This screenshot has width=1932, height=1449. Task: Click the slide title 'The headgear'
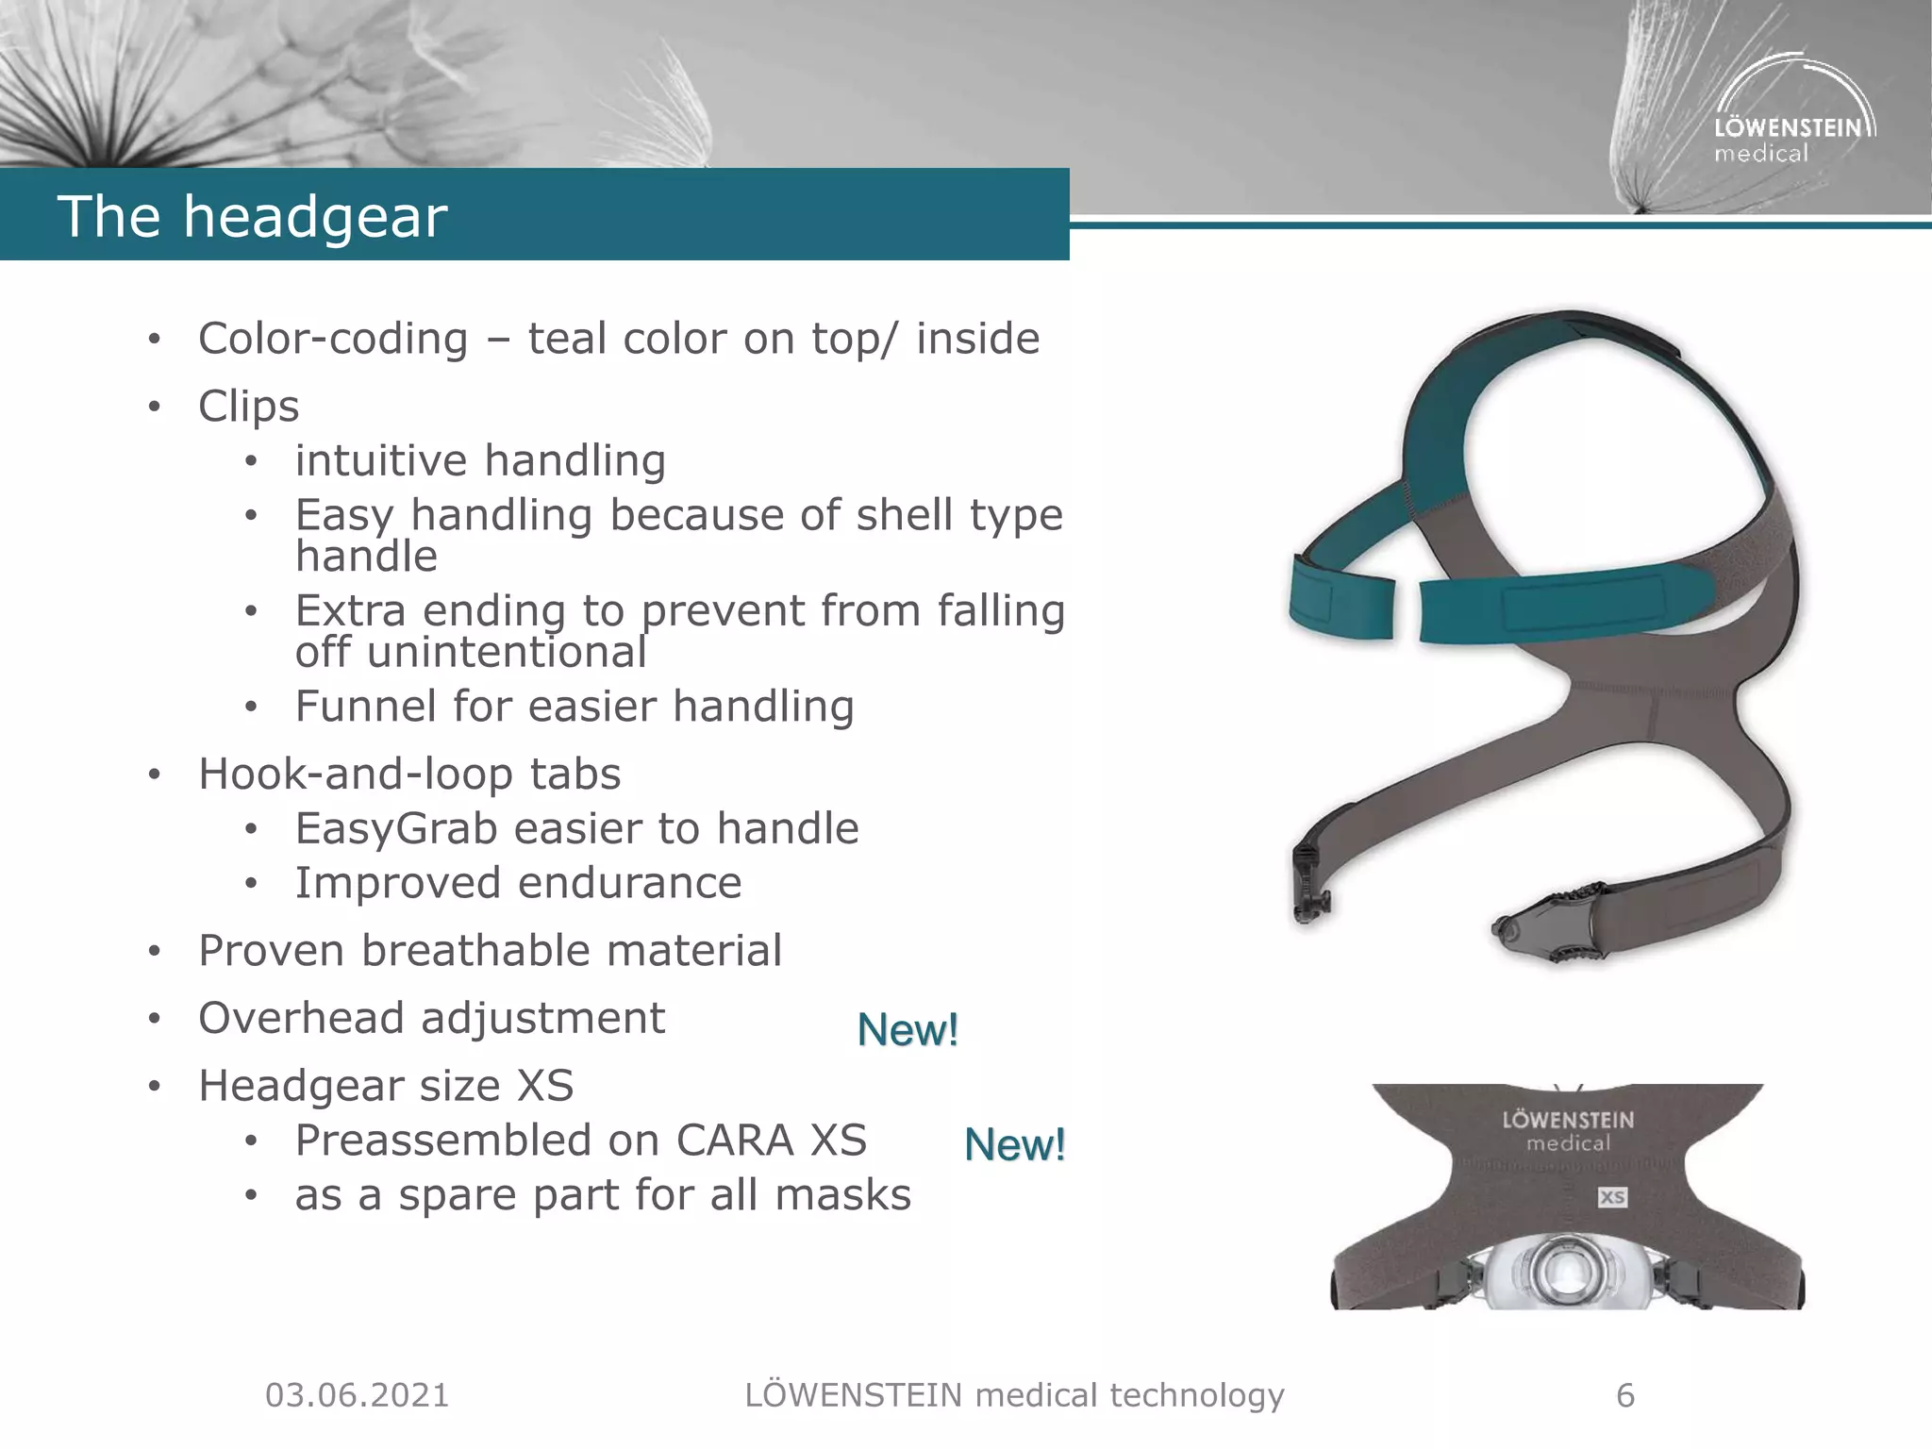tap(252, 216)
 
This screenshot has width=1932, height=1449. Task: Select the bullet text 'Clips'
tap(248, 407)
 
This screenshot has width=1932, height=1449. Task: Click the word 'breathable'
tap(477, 951)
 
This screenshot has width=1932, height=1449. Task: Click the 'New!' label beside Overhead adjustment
tap(908, 1030)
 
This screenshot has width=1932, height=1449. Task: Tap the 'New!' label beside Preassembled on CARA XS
tap(1014, 1145)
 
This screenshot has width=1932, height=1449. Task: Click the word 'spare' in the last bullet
tap(457, 1196)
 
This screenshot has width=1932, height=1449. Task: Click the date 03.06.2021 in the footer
tap(357, 1395)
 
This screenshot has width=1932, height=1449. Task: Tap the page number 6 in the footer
tap(1624, 1395)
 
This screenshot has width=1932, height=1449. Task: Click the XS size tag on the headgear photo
tap(1611, 1197)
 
